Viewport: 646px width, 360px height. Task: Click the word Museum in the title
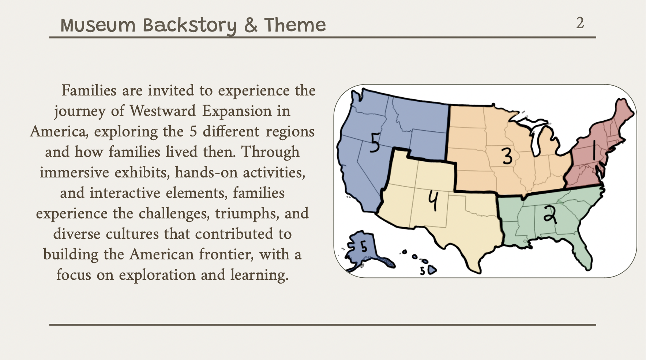[98, 25]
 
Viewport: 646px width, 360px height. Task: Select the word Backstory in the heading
[189, 26]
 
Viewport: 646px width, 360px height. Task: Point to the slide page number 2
[580, 23]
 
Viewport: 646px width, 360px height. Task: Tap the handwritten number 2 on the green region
[550, 214]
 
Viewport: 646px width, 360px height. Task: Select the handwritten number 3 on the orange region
[507, 156]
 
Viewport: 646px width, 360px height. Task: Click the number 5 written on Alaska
[364, 247]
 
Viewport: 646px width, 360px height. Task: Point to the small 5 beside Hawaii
[422, 271]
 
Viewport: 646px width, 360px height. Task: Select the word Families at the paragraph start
[89, 90]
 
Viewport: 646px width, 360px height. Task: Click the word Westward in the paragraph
[162, 111]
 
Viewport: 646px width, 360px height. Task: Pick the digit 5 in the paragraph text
[193, 132]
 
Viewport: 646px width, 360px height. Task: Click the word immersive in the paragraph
[74, 172]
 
